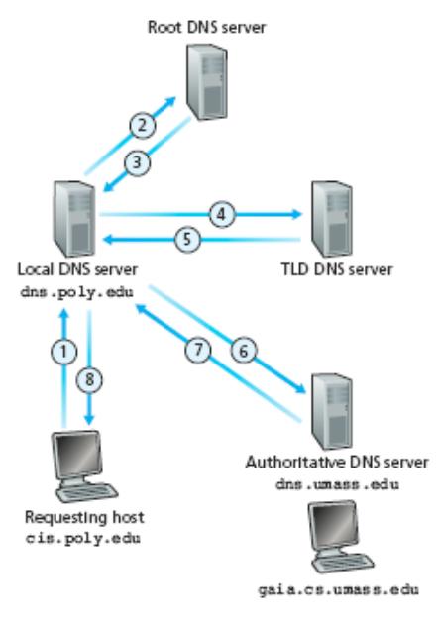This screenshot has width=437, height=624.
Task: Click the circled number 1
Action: pyautogui.click(x=64, y=352)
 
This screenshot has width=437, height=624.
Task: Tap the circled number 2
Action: pyautogui.click(x=142, y=126)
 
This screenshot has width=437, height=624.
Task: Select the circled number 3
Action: pyautogui.click(x=137, y=162)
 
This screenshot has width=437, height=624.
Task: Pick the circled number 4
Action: pyautogui.click(x=222, y=215)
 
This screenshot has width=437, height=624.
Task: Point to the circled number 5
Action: pyautogui.click(x=187, y=239)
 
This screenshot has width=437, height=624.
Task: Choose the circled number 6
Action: pyautogui.click(x=244, y=351)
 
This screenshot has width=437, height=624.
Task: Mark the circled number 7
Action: pyautogui.click(x=198, y=350)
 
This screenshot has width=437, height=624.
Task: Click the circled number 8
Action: pyautogui.click(x=89, y=379)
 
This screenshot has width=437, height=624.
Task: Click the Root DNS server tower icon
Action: pyautogui.click(x=207, y=81)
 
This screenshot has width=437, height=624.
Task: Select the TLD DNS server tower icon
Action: pyautogui.click(x=332, y=219)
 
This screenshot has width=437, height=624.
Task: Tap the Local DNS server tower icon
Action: pyautogui.click(x=73, y=219)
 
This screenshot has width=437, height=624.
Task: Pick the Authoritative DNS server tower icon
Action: pyautogui.click(x=332, y=412)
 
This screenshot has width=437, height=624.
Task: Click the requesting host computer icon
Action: pyautogui.click(x=84, y=467)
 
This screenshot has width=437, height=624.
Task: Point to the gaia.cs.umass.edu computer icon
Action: pyautogui.click(x=341, y=537)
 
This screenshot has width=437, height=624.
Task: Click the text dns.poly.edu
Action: pyautogui.click(x=77, y=293)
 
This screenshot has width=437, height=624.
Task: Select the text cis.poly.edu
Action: pyautogui.click(x=83, y=539)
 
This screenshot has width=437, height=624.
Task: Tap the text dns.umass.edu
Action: pyautogui.click(x=337, y=484)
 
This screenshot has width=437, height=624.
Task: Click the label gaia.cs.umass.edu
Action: pyautogui.click(x=338, y=589)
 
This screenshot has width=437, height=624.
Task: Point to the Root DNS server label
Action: pyautogui.click(x=206, y=27)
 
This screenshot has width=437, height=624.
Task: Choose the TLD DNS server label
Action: pyautogui.click(x=337, y=269)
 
